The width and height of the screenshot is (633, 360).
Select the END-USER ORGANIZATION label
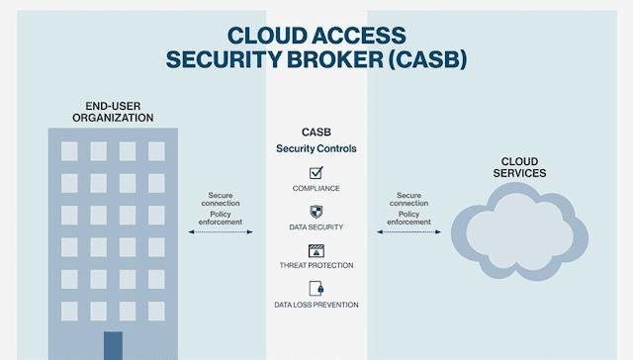pyautogui.click(x=113, y=111)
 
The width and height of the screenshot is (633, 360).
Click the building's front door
pyautogui.click(x=113, y=345)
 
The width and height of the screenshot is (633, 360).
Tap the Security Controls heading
pyautogui.click(x=316, y=148)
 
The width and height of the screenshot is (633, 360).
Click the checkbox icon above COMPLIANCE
pyautogui.click(x=316, y=172)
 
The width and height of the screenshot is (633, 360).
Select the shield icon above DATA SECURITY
pyautogui.click(x=316, y=211)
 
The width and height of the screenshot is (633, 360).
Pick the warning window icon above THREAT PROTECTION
pyautogui.click(x=316, y=250)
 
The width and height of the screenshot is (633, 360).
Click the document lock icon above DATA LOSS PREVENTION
pyautogui.click(x=316, y=289)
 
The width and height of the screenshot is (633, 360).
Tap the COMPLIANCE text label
pyautogui.click(x=316, y=188)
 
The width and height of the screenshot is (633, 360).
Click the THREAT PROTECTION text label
pyautogui.click(x=316, y=265)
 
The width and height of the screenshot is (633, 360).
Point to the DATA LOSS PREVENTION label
pyautogui.click(x=316, y=305)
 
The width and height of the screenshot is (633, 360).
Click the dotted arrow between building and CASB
pyautogui.click(x=220, y=232)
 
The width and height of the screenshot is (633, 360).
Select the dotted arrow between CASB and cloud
pyautogui.click(x=407, y=232)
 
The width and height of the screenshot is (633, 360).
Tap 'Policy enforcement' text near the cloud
pyautogui.click(x=408, y=219)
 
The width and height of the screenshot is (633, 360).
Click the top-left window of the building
pyautogui.click(x=69, y=150)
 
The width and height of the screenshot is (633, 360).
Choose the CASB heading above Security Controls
pyautogui.click(x=316, y=132)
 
